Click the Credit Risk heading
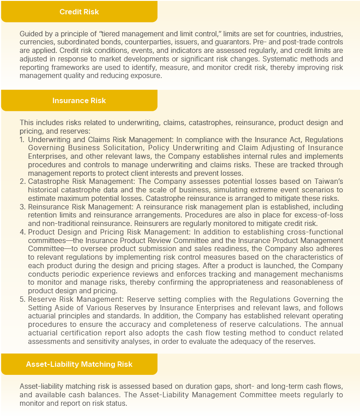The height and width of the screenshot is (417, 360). click(x=79, y=12)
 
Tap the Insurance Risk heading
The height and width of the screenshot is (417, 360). click(x=79, y=100)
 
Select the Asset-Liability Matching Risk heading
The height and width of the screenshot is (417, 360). click(x=79, y=364)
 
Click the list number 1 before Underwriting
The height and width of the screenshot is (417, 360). click(x=22, y=140)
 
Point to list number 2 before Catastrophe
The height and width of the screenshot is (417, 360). click(x=22, y=182)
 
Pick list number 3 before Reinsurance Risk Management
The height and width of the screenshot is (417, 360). click(x=22, y=207)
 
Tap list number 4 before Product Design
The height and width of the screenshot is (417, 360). click(x=22, y=232)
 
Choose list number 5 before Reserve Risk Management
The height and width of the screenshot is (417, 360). click(x=22, y=300)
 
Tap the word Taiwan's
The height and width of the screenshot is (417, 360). click(x=329, y=182)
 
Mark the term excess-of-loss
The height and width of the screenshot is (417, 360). click(x=320, y=216)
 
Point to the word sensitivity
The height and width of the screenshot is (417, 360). click(x=103, y=341)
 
